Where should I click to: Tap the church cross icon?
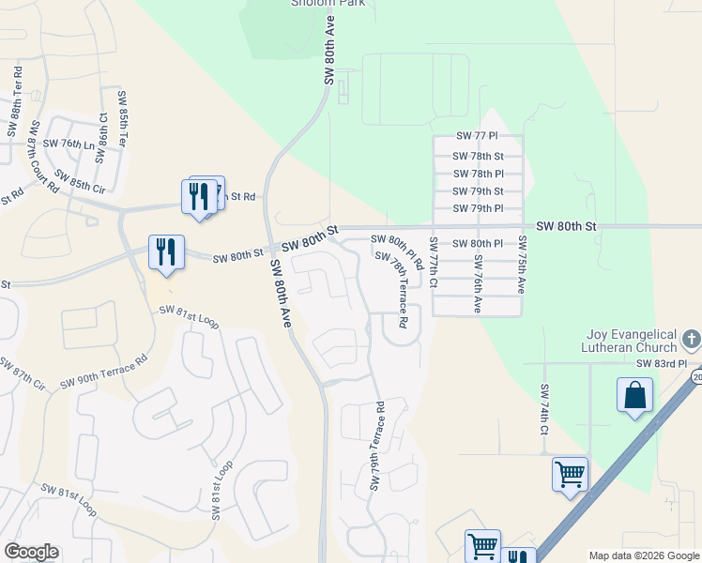click(692, 339)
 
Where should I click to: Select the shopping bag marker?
click(634, 395)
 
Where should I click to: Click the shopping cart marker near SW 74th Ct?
click(570, 475)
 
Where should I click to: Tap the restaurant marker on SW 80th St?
click(166, 252)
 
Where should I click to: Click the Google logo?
click(31, 552)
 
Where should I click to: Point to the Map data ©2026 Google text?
click(643, 555)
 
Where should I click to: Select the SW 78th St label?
click(479, 157)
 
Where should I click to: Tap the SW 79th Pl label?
click(479, 208)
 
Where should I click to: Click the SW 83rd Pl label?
click(662, 363)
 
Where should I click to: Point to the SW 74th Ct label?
click(543, 410)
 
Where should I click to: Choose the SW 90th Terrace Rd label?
click(104, 372)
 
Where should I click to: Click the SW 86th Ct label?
click(102, 130)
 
